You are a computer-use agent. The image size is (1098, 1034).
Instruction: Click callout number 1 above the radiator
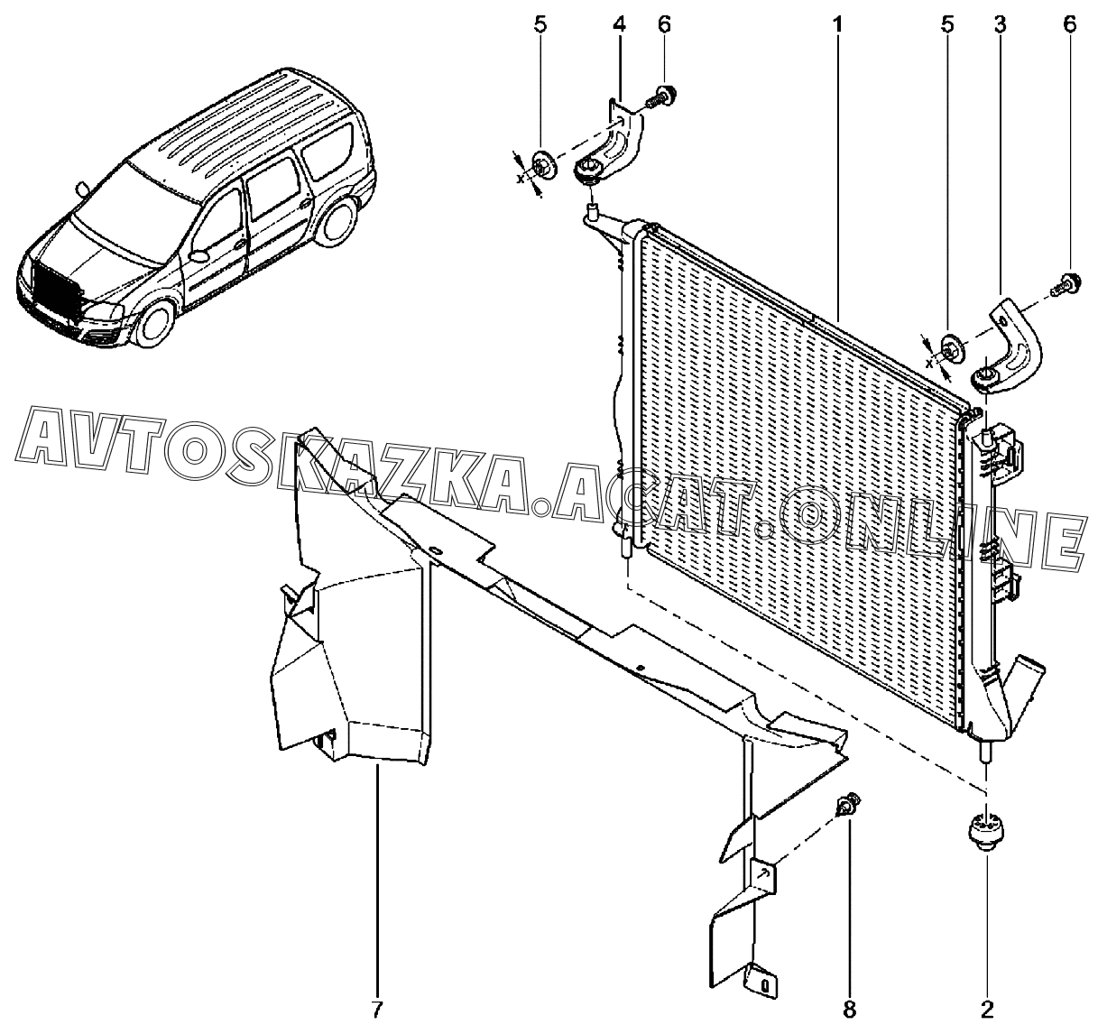pyautogui.click(x=838, y=24)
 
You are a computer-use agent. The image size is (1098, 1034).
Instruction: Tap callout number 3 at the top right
pyautogui.click(x=1001, y=24)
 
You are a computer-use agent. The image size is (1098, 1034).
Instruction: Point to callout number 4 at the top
pyautogui.click(x=619, y=24)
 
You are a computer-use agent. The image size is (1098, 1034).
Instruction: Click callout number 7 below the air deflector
pyautogui.click(x=378, y=1009)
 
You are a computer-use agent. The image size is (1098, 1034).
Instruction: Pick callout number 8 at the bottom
pyautogui.click(x=848, y=1009)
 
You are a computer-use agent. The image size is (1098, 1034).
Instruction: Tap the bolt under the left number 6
pyautogui.click(x=664, y=95)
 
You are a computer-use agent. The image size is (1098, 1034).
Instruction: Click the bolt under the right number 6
pyautogui.click(x=1069, y=283)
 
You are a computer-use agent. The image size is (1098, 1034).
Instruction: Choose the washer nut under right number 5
pyautogui.click(x=950, y=346)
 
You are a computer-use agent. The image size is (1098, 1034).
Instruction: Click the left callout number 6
pyautogui.click(x=664, y=24)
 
